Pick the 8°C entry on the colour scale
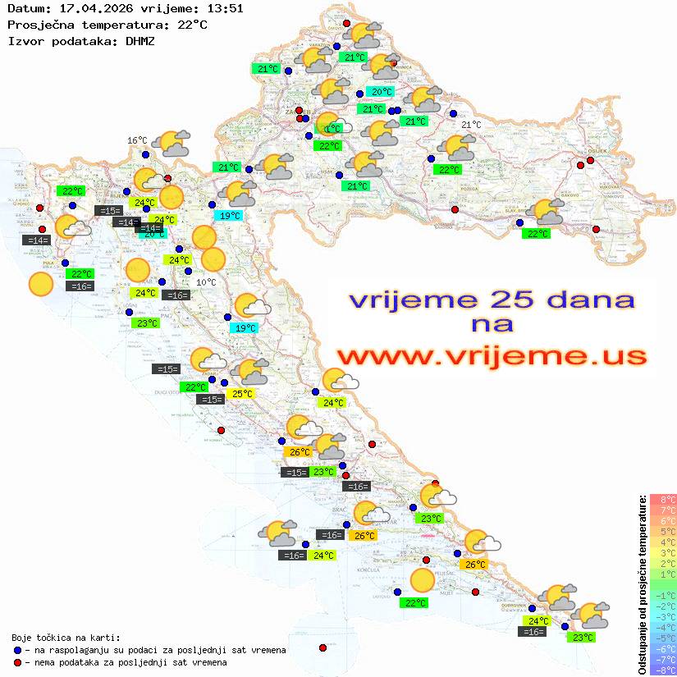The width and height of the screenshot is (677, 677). [x=663, y=500]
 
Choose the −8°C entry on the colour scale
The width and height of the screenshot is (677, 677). [x=663, y=670]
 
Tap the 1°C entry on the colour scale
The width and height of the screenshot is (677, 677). [x=663, y=574]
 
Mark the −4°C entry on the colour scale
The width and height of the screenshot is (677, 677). [x=663, y=627]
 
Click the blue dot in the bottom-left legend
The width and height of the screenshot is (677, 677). [x=17, y=650]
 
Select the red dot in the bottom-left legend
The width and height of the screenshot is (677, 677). [x=17, y=662]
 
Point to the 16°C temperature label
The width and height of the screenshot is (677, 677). [x=137, y=140]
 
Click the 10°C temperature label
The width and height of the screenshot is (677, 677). [x=207, y=282]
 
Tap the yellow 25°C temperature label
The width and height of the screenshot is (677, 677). [x=242, y=394]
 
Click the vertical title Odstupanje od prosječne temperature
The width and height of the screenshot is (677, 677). [x=642, y=584]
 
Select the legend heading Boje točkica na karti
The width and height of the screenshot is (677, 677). [x=66, y=637]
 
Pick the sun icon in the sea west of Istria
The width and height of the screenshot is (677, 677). [x=40, y=285]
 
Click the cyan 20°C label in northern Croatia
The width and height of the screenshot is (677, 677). [x=382, y=91]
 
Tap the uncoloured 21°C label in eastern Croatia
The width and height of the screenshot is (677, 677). [x=471, y=125]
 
